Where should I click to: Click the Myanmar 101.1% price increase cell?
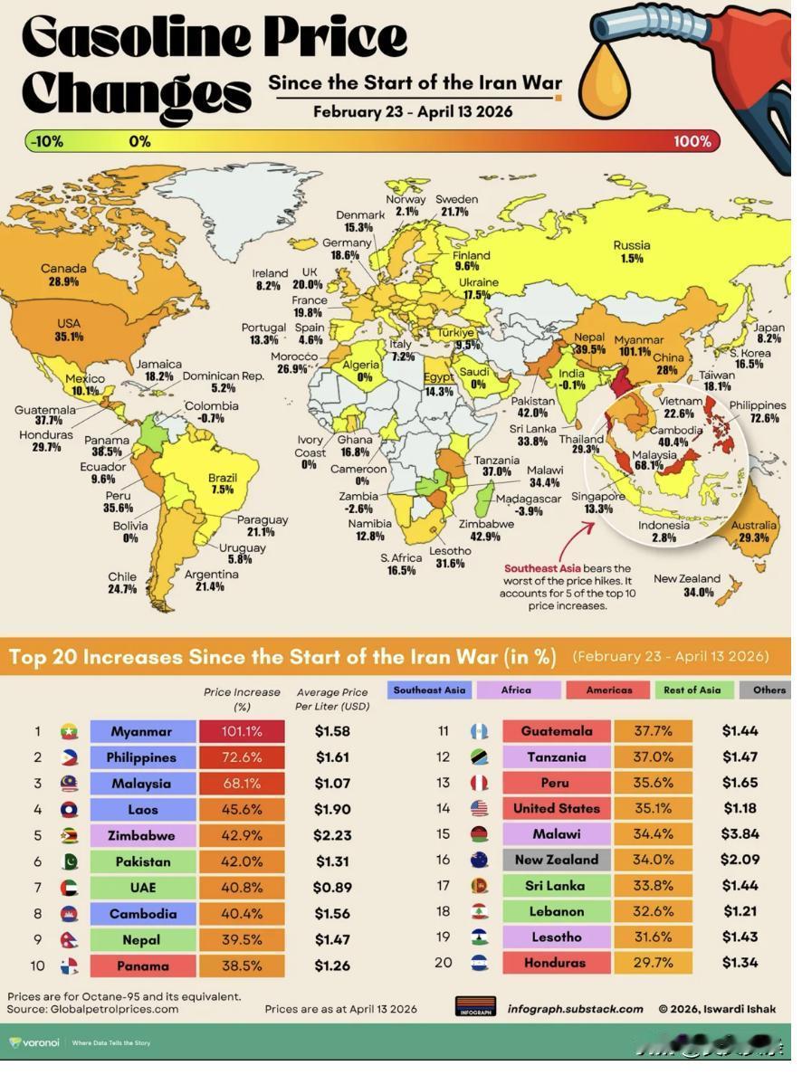tap(242, 731)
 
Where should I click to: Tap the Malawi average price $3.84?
tap(740, 833)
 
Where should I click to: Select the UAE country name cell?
tap(143, 888)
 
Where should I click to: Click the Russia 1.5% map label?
tap(631, 252)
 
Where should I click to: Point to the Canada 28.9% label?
tap(63, 275)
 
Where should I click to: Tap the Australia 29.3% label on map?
tap(753, 531)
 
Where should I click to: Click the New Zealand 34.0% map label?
tap(687, 585)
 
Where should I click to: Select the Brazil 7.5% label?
tap(222, 483)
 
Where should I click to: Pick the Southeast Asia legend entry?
tap(429, 690)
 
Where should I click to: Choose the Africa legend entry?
tap(516, 690)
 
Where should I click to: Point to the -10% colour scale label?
tap(44, 141)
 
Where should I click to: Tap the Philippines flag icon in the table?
tap(69, 757)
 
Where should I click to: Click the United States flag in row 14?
tap(479, 809)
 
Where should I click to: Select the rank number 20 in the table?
tap(443, 963)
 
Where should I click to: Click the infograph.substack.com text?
tap(575, 1008)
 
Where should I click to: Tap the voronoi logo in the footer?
tap(34, 1042)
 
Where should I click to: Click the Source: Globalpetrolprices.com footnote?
tap(92, 1008)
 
